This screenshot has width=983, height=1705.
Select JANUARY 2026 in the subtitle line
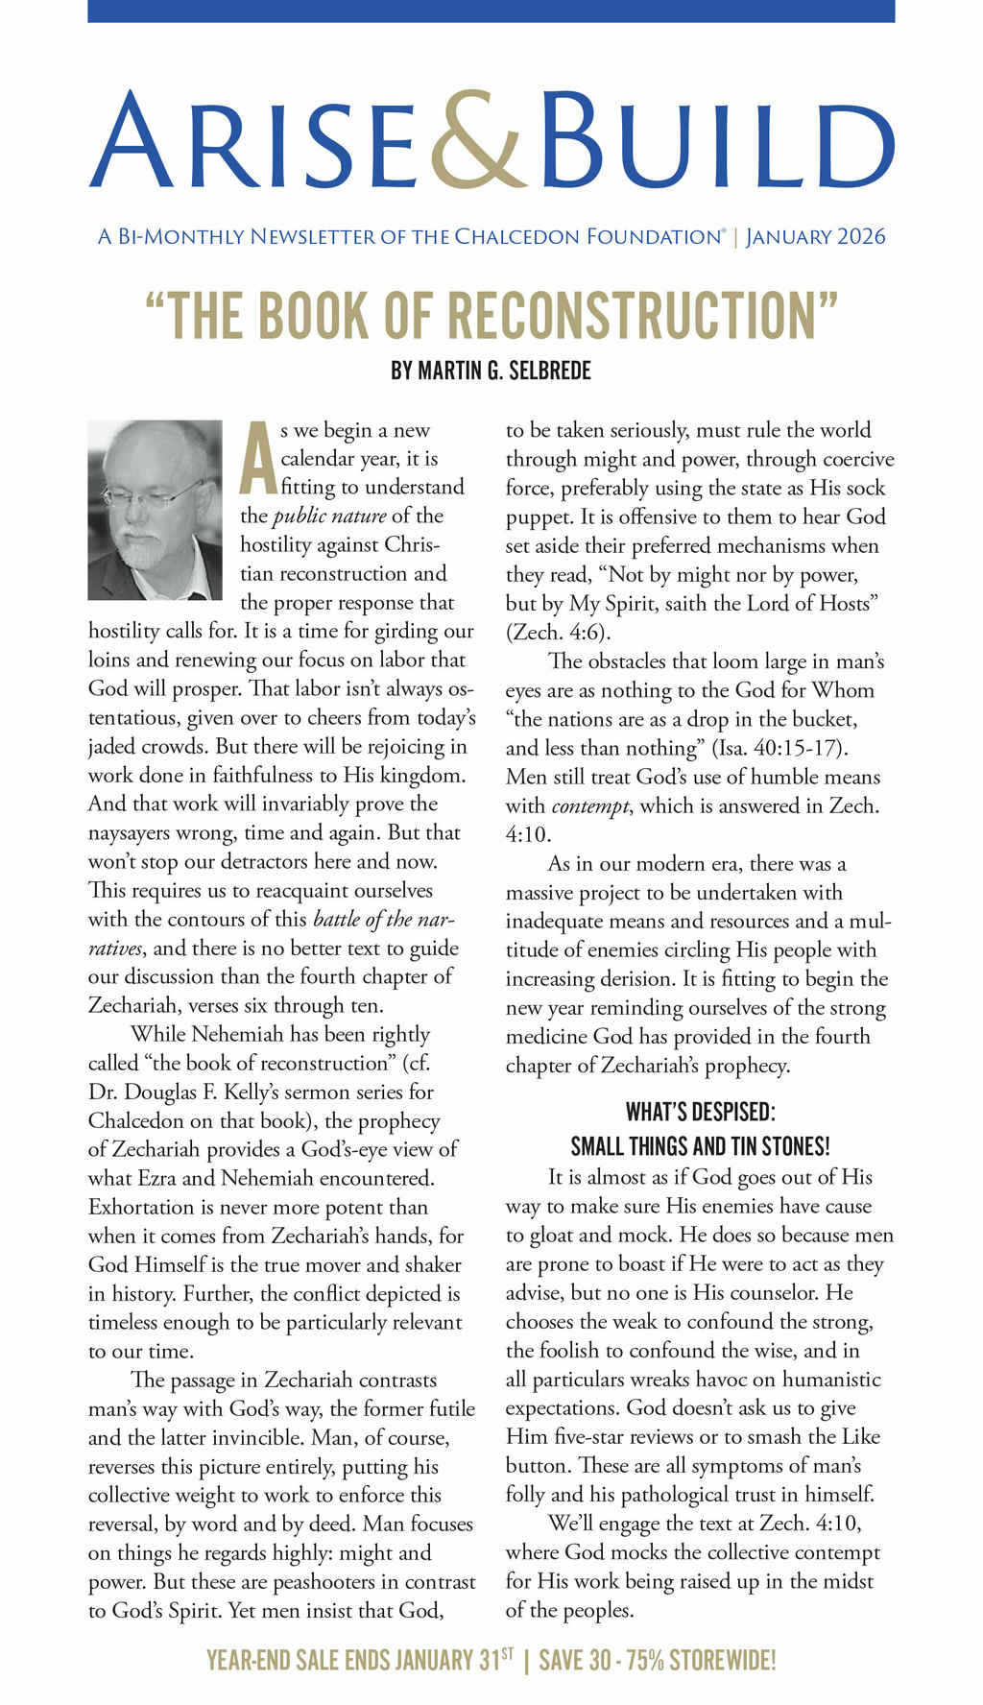816,236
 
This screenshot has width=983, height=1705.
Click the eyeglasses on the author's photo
154,494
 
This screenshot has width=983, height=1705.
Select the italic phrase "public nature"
329,516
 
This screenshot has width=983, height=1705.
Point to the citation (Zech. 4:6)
558,633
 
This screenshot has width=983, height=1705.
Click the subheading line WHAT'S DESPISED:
700,1112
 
